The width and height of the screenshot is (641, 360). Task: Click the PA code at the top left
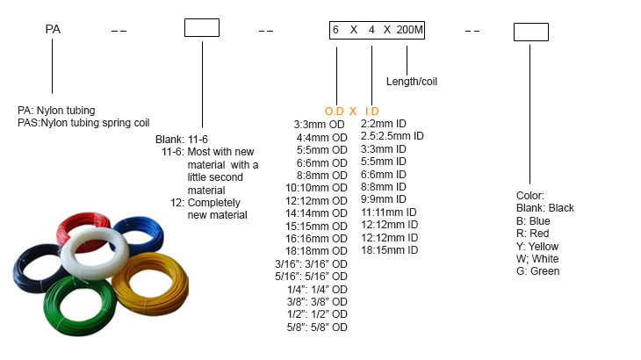53,30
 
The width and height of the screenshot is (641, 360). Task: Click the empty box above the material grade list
201,27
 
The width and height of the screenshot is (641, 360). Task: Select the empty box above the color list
530,32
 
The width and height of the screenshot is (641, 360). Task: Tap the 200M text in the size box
410,30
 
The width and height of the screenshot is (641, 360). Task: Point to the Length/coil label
412,82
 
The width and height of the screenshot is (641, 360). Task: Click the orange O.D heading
335,112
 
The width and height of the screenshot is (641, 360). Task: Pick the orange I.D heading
371,112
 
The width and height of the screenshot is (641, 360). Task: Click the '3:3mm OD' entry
321,125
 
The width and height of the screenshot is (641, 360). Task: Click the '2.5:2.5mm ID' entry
393,136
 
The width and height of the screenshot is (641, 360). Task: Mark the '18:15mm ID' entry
389,250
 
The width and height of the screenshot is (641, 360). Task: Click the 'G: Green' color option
538,271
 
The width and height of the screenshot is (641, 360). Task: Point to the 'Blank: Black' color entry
545,208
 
